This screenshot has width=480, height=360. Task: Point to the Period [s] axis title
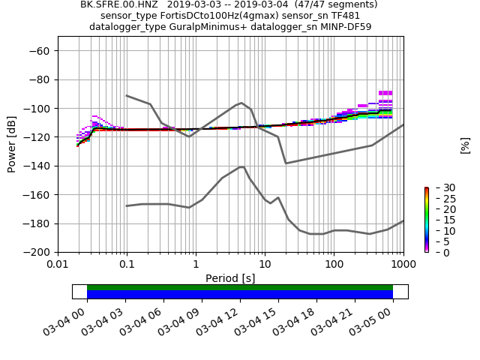230,278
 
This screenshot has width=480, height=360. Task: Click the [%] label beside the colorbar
465,144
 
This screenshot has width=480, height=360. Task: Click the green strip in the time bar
240,287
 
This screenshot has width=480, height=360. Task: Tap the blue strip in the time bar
240,295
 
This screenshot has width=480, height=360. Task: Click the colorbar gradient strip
426,220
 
